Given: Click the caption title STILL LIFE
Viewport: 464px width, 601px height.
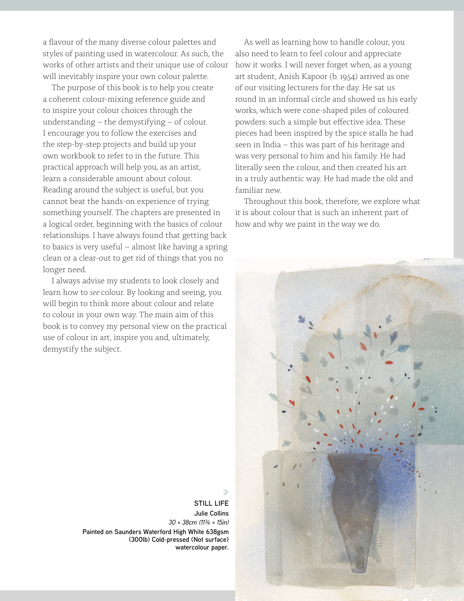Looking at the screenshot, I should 211,503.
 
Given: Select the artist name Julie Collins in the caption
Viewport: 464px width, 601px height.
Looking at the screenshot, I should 211,513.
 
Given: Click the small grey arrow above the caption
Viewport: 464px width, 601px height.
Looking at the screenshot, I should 225,492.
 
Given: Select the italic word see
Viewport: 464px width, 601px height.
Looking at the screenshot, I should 95,292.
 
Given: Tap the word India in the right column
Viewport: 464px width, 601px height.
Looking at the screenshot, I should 269,145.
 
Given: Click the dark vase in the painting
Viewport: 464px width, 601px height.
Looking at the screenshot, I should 354,507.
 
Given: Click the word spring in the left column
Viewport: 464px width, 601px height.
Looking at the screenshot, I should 216,247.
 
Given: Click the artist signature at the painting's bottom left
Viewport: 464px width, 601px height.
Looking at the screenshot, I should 275,574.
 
